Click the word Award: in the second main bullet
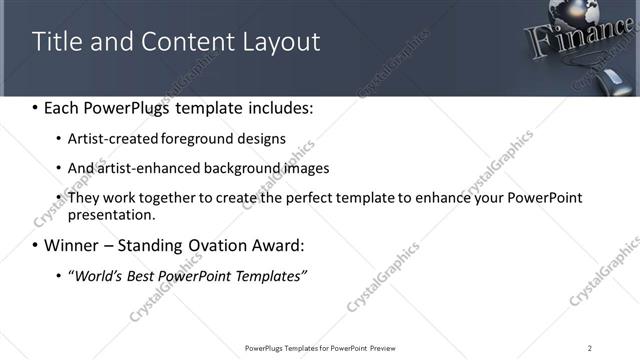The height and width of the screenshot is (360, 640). click(x=275, y=245)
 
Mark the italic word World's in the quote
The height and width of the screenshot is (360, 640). click(x=98, y=275)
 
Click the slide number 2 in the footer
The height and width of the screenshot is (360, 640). click(x=589, y=347)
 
